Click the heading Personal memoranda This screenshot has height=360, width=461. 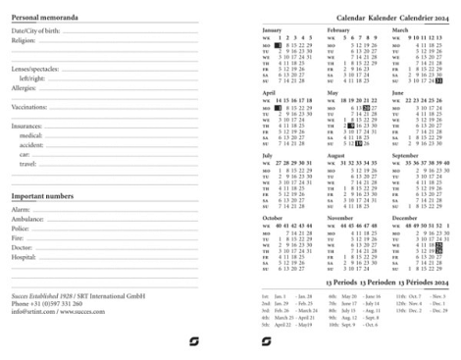point(46,19)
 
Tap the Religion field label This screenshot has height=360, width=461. point(24,41)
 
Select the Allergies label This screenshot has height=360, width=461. point(26,88)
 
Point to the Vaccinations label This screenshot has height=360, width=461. point(29,107)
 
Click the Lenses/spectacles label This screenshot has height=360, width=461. point(35,70)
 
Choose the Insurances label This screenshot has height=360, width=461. point(26,126)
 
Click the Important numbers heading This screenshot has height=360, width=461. point(42,196)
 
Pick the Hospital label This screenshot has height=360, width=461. point(25,256)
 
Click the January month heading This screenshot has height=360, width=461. point(272,30)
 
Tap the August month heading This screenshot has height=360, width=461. point(335,155)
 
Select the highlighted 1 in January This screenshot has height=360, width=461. point(279,45)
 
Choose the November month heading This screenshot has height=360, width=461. point(339,217)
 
